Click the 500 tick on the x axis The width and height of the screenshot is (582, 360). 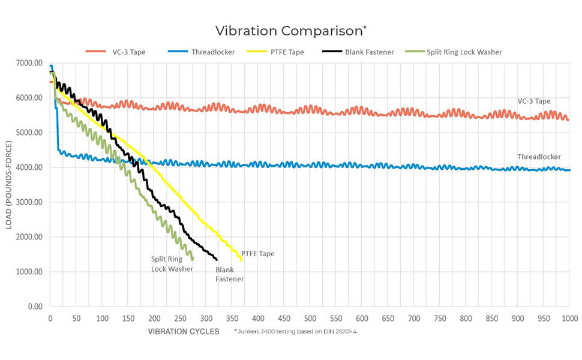click(x=310, y=318)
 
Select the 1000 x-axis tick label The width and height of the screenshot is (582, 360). click(x=570, y=318)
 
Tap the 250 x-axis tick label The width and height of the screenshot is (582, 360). click(x=180, y=318)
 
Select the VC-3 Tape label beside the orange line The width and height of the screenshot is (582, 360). click(x=534, y=101)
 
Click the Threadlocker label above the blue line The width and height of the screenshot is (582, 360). click(x=539, y=157)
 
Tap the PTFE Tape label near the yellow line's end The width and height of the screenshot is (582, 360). click(x=259, y=254)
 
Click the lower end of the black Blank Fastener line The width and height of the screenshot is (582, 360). click(x=216, y=259)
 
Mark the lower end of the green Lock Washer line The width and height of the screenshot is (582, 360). click(x=193, y=259)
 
